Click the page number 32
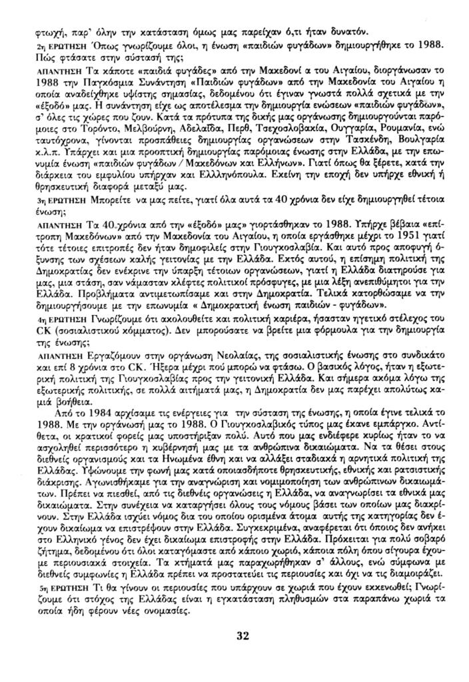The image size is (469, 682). [x=242, y=635]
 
